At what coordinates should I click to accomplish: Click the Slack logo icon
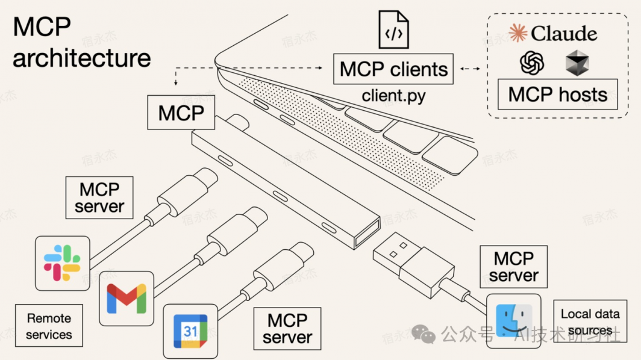click(x=62, y=263)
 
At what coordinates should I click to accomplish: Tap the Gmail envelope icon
click(x=127, y=299)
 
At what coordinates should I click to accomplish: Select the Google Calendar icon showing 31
click(x=190, y=331)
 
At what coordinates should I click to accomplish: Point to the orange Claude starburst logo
click(x=517, y=34)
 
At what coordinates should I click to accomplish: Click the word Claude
click(x=564, y=34)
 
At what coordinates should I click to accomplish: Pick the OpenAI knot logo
click(x=532, y=63)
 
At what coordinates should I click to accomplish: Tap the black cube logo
click(x=577, y=63)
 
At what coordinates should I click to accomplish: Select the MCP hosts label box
click(x=558, y=95)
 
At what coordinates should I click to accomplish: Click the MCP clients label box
click(x=394, y=69)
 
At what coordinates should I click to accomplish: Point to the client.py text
click(x=393, y=96)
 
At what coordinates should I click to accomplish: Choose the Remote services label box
click(x=49, y=326)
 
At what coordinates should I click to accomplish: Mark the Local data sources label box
click(x=590, y=322)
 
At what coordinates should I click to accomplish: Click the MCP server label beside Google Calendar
click(x=287, y=329)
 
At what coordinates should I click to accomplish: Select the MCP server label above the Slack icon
click(x=99, y=197)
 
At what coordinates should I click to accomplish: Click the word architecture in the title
click(x=82, y=58)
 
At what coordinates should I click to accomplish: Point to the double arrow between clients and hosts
click(x=470, y=69)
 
